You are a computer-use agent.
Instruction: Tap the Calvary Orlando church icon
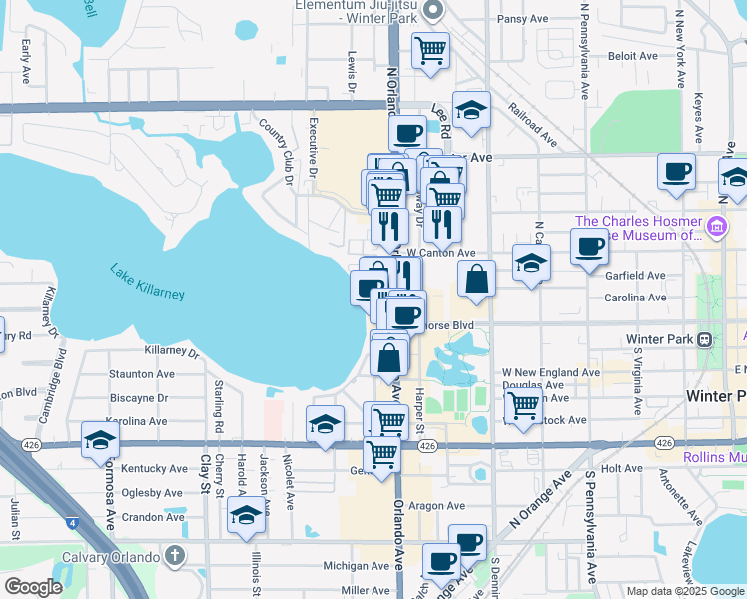175,555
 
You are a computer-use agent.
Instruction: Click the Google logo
34,586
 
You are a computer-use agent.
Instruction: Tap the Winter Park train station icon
704,339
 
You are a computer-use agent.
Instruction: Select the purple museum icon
717,227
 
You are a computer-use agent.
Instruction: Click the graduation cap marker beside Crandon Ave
245,517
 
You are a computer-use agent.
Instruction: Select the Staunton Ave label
142,374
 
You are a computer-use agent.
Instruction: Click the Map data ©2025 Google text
685,591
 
